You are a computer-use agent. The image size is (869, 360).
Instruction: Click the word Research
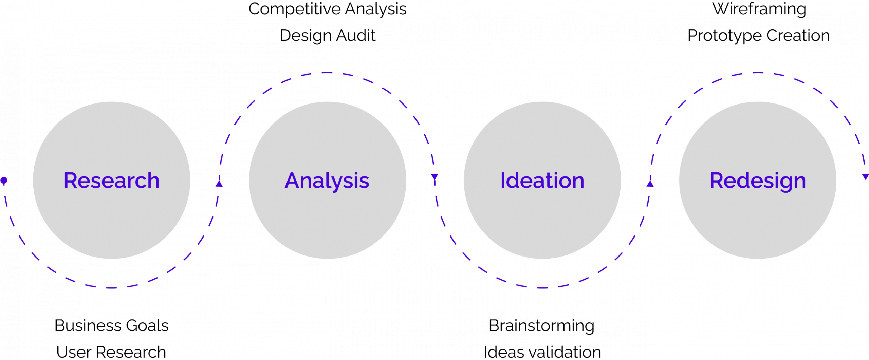[x=111, y=181]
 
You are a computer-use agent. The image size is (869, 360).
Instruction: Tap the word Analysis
[x=327, y=181]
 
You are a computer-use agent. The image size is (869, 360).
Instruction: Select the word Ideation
[x=542, y=181]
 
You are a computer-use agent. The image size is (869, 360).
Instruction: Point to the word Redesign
[x=757, y=181]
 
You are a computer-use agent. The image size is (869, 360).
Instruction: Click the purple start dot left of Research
[x=4, y=180]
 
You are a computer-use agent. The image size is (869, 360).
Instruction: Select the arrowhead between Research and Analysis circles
[x=219, y=183]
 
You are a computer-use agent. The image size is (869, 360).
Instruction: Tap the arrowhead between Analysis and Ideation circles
[x=434, y=177]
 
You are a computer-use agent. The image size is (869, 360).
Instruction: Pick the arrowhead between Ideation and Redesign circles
[x=650, y=183]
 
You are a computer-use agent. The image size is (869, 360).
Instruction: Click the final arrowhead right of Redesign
[x=865, y=177]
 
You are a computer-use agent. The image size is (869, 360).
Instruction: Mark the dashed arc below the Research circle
[x=111, y=288]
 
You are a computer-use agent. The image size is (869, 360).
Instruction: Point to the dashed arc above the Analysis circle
[x=327, y=73]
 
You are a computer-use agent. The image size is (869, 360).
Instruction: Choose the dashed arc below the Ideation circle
[x=542, y=288]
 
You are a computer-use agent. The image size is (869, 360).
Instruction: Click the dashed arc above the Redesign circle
[x=757, y=73]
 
